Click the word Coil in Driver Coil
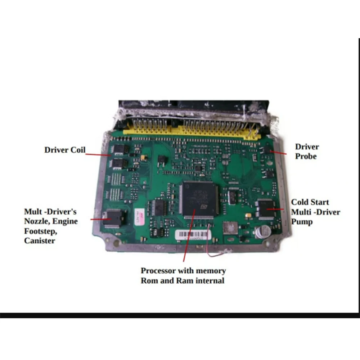coord(77,150)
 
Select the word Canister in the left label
coord(40,240)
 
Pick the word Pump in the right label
coord(302,222)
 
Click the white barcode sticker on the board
coord(193,235)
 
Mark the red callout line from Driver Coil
coord(98,154)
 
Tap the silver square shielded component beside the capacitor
coord(230,228)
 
